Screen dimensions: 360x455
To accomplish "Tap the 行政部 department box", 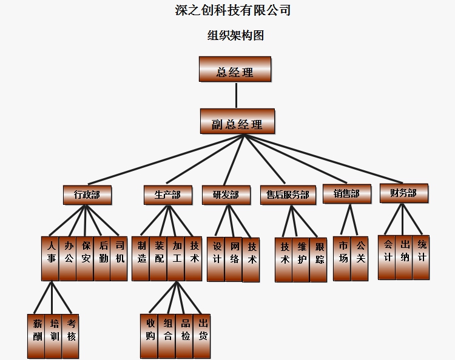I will [x=87, y=195].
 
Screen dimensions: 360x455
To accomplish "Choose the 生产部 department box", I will [x=168, y=195].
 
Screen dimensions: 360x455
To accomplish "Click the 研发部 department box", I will [x=226, y=195].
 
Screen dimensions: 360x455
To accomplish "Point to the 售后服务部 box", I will [x=288, y=195].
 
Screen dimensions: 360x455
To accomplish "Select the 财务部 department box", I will [x=403, y=193].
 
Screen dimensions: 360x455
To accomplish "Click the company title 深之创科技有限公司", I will [x=233, y=10].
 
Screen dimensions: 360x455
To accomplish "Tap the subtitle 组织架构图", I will [x=235, y=35].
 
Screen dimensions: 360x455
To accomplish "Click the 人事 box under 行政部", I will [x=50, y=258].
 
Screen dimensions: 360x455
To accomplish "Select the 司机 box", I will [x=119, y=258].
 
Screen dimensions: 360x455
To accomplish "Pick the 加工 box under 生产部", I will [x=177, y=258].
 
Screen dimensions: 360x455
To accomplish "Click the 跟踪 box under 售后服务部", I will [x=318, y=259].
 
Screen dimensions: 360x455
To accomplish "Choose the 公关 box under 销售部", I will [x=359, y=258].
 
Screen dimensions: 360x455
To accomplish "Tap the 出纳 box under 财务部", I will [x=404, y=257].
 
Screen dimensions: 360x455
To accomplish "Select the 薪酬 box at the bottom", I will [x=36, y=336].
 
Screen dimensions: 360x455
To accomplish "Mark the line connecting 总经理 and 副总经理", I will [x=237, y=95].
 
